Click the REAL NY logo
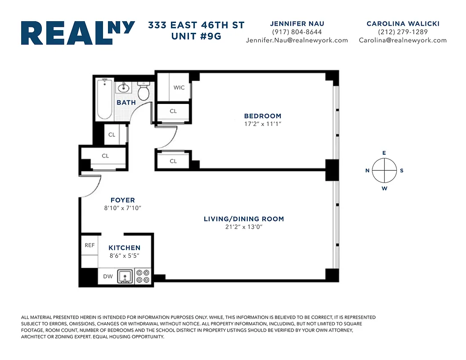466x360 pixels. point(78,33)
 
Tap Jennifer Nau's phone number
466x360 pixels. point(297,32)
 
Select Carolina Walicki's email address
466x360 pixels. point(403,40)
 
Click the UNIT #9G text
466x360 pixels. point(196,36)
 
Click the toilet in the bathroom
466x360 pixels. point(143,92)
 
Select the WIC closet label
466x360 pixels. point(179,88)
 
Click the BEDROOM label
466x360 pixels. point(263,116)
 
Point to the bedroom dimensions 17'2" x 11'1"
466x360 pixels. point(263,124)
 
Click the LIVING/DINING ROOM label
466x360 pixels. point(244,219)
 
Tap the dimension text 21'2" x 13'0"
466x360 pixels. point(244,227)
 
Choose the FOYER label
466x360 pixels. point(123,200)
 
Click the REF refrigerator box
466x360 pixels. point(90,245)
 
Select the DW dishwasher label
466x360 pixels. point(108,276)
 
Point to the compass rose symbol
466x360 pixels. point(384,171)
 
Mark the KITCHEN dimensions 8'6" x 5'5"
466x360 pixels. point(124,256)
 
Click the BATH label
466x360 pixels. point(126,103)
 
